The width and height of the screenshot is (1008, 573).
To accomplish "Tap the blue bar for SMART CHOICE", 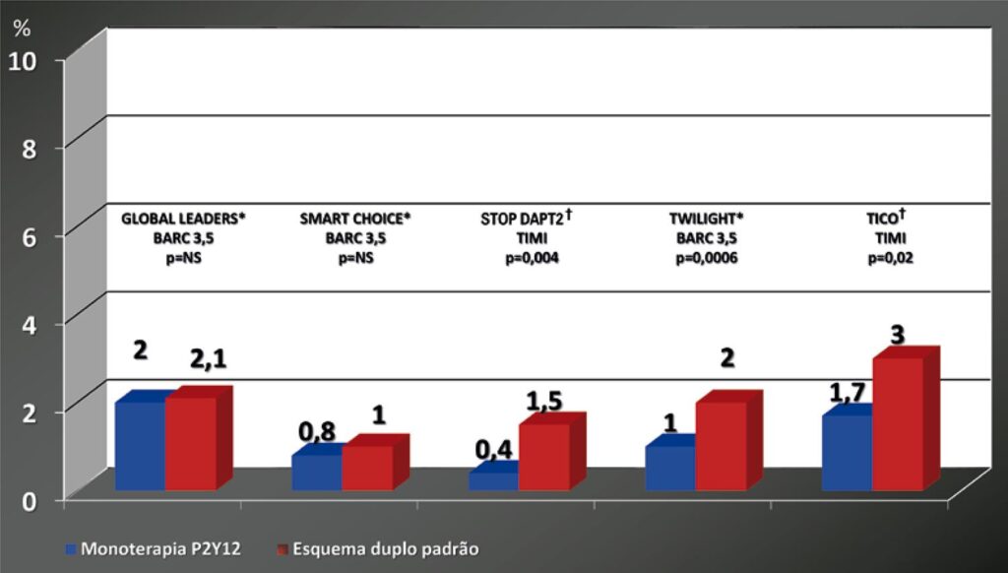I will pyautogui.click(x=316, y=472).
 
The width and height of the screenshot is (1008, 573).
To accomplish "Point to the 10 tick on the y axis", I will pyautogui.click(x=23, y=60).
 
